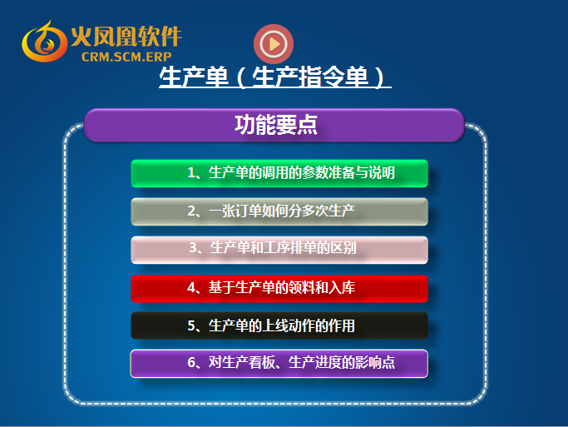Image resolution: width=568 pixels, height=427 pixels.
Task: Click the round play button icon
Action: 274,44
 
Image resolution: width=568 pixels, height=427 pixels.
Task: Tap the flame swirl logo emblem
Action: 44,42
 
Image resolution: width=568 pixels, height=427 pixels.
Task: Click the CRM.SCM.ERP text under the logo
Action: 126,57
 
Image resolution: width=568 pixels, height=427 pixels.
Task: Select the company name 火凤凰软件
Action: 126,37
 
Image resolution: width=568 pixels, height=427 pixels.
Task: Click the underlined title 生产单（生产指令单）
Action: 275,77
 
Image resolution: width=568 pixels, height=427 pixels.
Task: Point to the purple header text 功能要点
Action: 276,125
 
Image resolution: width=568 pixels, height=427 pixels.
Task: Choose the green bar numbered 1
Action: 279,173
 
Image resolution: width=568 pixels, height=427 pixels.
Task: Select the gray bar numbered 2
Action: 279,211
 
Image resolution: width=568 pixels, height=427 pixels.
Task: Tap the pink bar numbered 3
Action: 279,250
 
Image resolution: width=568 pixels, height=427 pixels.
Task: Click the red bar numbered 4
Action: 279,289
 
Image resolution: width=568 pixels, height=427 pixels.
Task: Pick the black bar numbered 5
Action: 279,326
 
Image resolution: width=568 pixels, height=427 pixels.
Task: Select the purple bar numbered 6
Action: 279,364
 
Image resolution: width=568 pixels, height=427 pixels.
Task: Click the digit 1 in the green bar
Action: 191,173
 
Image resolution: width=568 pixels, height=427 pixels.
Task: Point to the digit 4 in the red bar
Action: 191,288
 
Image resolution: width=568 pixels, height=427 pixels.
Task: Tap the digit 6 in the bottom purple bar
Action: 191,362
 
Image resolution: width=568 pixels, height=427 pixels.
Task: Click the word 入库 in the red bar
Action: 342,288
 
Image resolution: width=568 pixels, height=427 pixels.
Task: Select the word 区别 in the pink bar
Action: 343,248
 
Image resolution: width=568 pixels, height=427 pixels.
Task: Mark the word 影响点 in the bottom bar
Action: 375,362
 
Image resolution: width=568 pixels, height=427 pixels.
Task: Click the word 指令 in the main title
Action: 322,77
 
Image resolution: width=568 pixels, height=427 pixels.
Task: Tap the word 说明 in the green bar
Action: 382,173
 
